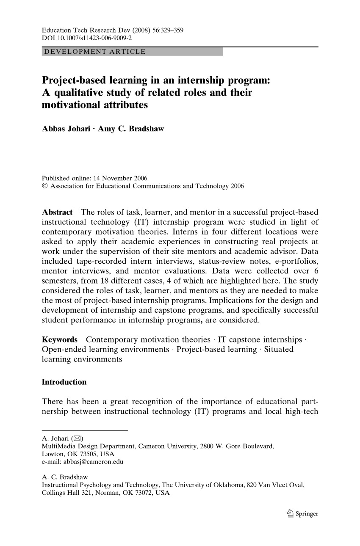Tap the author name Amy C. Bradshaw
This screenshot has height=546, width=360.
point(130,129)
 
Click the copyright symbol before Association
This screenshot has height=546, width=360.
point(45,186)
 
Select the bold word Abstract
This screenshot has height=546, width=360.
point(57,212)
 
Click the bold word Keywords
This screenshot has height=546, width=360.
point(60,339)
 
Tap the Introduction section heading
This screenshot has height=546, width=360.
point(64,382)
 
